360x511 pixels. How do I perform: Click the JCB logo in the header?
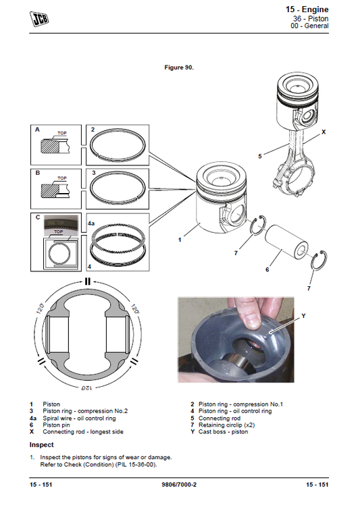38,19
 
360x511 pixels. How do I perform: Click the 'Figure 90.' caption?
179,68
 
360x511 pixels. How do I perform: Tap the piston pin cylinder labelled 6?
286,242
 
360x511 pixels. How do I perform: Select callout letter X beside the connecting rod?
324,132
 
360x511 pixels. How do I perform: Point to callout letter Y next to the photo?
303,316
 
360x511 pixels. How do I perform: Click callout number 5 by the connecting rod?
260,156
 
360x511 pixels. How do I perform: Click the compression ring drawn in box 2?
118,144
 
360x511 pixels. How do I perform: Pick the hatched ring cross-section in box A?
50,146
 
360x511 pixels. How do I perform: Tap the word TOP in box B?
62,178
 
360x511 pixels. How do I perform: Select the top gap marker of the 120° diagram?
87,281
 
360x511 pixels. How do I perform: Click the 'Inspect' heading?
41,445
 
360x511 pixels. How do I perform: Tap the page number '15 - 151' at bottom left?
41,485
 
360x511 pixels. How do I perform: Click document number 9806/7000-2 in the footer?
179,485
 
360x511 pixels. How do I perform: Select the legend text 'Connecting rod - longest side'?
83,432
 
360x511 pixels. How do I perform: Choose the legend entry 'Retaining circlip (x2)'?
227,425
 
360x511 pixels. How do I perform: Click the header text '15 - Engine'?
307,9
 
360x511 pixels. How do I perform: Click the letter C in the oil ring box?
38,217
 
